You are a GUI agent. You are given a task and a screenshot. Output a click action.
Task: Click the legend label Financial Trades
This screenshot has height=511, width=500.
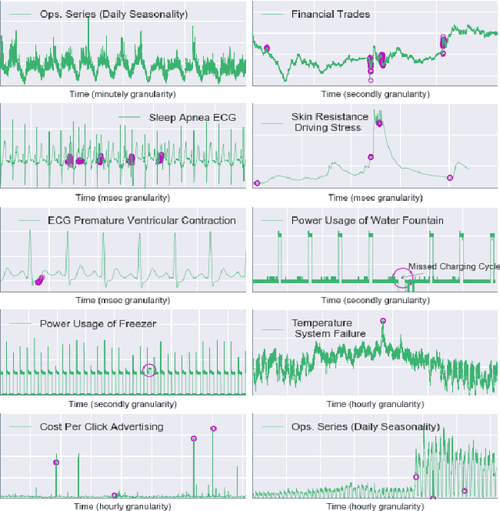point(330,14)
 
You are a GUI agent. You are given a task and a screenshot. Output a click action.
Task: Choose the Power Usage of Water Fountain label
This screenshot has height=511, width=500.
point(367,220)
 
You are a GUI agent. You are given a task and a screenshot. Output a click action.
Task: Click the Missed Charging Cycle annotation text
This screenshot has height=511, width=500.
point(453,266)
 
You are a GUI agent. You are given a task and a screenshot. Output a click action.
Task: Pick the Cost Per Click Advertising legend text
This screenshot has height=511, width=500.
point(102,427)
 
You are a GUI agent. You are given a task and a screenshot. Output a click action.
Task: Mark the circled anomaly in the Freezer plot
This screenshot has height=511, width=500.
point(149,370)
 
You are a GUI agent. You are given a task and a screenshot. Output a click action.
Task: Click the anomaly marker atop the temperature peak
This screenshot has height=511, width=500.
point(383,320)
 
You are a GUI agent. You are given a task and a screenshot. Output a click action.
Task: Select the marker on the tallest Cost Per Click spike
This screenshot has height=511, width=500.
point(213,428)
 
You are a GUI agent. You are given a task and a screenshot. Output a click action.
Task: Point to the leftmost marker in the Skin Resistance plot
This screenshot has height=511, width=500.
point(257,184)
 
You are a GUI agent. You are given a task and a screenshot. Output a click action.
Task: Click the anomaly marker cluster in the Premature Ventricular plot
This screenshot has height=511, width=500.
point(39,280)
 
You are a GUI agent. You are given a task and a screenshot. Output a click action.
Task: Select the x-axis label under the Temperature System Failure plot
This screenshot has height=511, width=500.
point(375,404)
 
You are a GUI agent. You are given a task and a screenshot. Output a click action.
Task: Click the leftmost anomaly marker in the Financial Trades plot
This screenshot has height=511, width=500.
point(266,48)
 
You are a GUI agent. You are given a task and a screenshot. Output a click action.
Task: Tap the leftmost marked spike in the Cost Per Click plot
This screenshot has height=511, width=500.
point(55,462)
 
